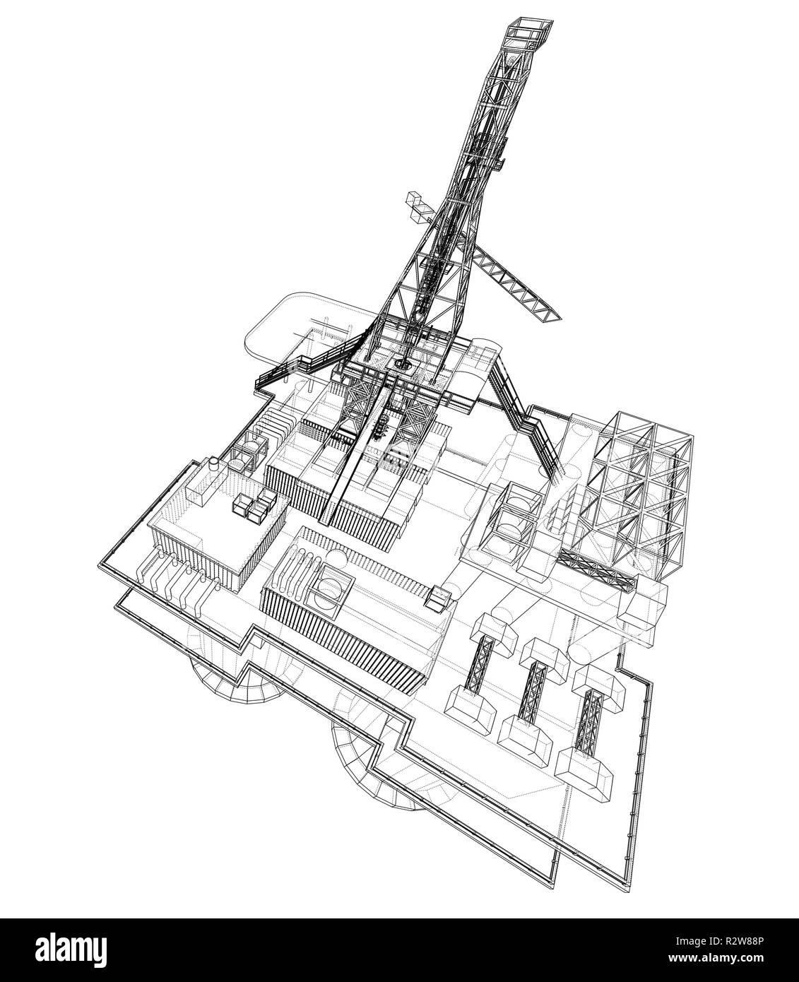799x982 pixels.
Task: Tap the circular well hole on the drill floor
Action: coord(404,365)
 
